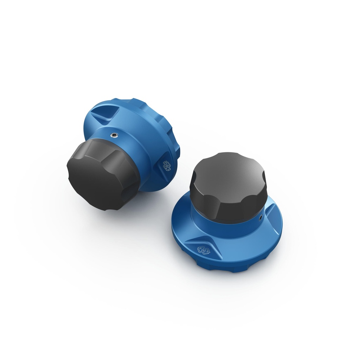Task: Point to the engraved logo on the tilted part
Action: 167,165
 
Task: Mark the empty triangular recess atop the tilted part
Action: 104,114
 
